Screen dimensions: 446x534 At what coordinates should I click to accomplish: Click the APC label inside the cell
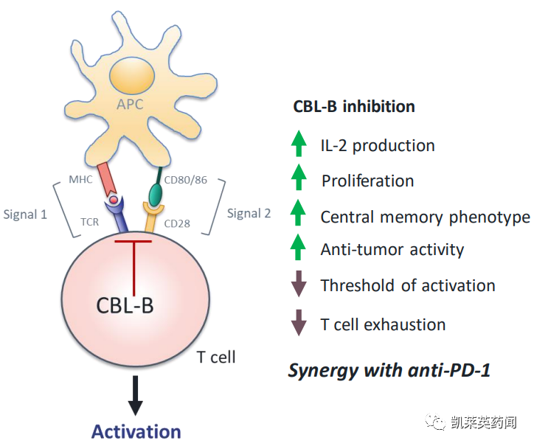point(129,104)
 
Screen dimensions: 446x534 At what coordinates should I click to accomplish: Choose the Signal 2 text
point(249,214)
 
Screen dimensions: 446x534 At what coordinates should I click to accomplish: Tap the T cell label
point(216,358)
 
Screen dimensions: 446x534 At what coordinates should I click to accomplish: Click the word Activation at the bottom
point(136,431)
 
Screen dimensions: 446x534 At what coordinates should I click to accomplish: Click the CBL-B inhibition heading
point(354,106)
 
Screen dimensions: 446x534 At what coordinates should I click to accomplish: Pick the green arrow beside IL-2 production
point(298,143)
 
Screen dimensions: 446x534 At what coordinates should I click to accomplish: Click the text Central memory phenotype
point(425,217)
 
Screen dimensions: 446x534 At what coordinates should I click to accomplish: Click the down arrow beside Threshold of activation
point(298,284)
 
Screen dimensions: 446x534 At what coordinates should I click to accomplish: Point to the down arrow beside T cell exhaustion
point(298,323)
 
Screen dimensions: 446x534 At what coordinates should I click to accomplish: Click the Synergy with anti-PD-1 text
point(389,369)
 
